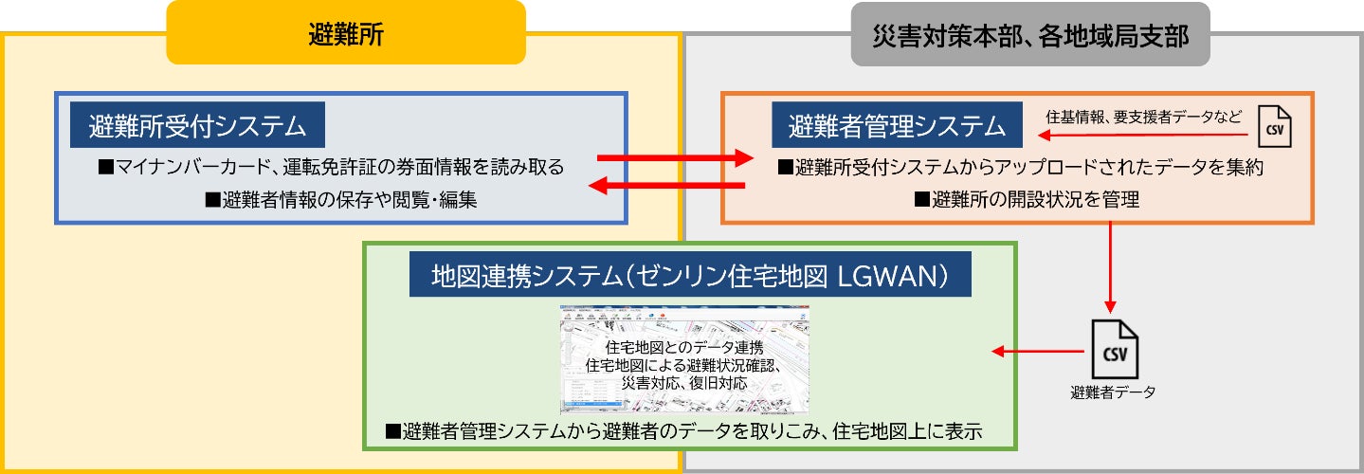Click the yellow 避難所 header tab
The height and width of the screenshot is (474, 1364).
coord(346,33)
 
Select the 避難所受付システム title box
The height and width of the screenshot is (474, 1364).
coord(197,125)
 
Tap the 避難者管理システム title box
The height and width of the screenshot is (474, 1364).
coord(896,125)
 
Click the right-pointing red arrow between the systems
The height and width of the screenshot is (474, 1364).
coord(674,157)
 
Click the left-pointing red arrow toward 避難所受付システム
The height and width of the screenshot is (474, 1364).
coord(667,186)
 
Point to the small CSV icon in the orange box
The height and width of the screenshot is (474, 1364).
coord(1275,124)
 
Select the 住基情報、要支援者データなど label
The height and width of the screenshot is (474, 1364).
coord(1141,117)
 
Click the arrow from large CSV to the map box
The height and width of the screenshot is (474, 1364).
coord(1038,353)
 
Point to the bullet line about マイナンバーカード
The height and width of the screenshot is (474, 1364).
coord(331,167)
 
